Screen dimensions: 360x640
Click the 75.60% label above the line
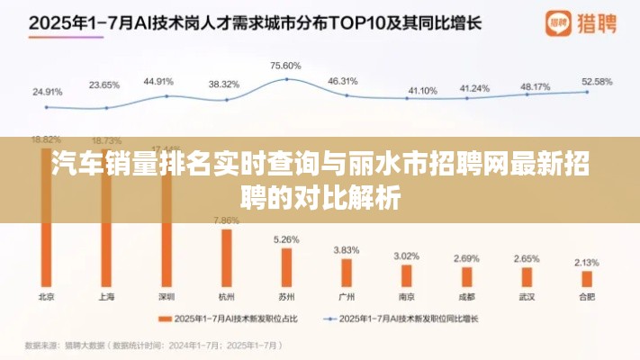click(x=285, y=66)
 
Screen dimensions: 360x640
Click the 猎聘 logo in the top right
click(x=570, y=22)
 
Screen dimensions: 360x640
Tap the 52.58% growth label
click(x=597, y=81)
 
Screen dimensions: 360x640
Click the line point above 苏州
click(x=286, y=79)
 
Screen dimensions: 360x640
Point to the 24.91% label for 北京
click(x=47, y=91)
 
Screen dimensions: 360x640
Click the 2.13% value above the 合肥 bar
click(x=585, y=262)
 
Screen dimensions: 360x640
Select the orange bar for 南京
click(x=406, y=274)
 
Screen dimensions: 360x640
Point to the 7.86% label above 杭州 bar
click(x=226, y=220)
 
